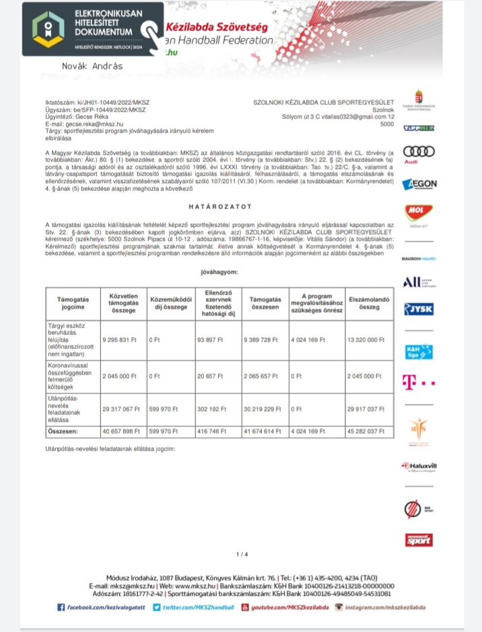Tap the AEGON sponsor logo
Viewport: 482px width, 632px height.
[419, 184]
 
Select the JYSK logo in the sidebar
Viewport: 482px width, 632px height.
[418, 309]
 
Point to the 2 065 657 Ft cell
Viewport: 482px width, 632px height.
[262, 376]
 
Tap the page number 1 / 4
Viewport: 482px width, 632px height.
[242, 554]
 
